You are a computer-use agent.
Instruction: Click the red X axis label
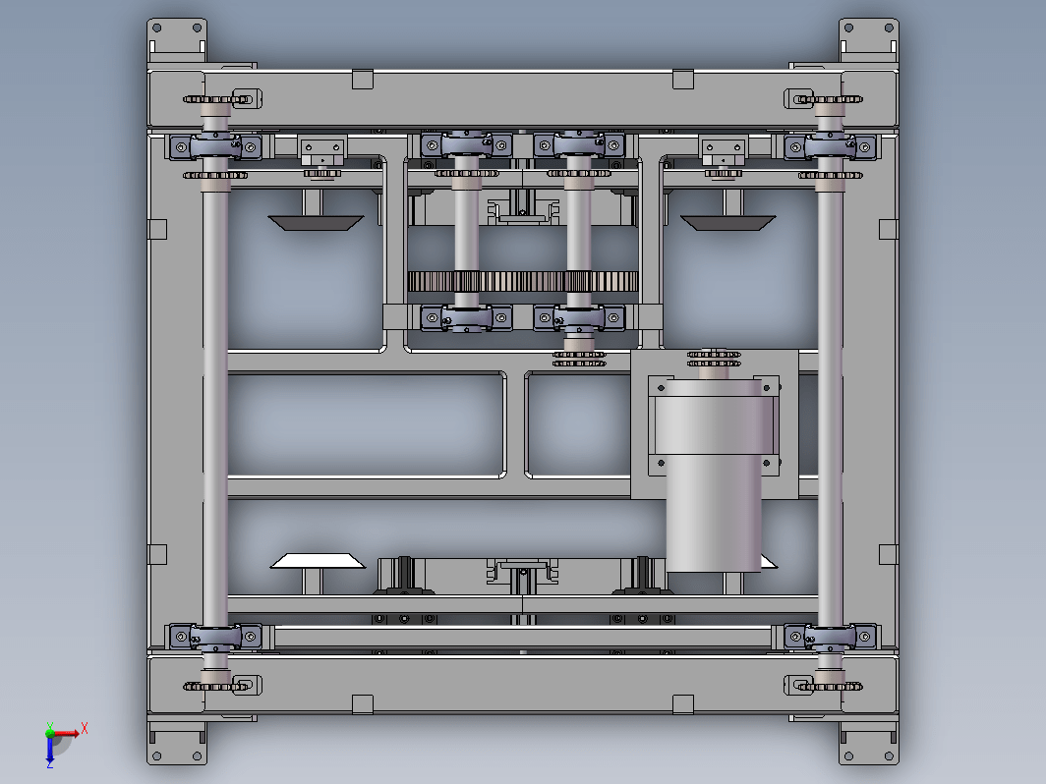coord(85,728)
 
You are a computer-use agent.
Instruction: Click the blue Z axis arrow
coord(50,750)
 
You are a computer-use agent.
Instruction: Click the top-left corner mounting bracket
coord(177,40)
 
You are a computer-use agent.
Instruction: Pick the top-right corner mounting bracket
coord(869,40)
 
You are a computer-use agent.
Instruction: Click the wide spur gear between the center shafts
coord(522,281)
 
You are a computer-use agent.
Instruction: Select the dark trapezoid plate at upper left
coord(316,223)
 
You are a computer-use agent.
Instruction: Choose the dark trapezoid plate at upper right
coord(727,223)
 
